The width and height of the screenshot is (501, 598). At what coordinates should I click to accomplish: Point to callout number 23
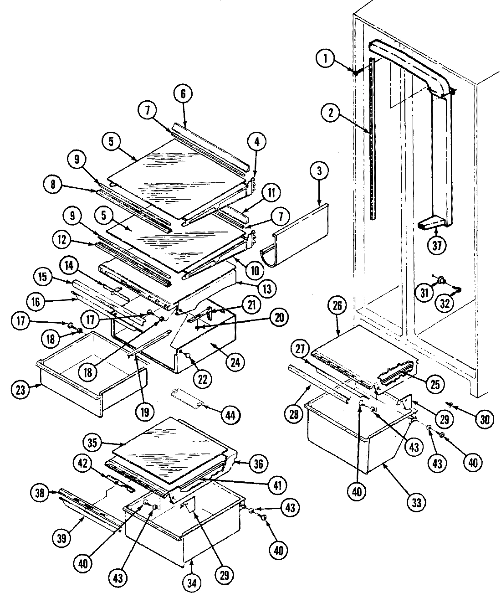(21, 389)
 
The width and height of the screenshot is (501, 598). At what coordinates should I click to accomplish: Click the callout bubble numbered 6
(183, 94)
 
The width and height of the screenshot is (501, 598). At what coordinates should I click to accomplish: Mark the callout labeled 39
(62, 538)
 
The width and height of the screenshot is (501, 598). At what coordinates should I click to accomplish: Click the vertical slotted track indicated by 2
(373, 137)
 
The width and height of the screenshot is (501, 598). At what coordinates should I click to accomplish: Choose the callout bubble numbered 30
(485, 418)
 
